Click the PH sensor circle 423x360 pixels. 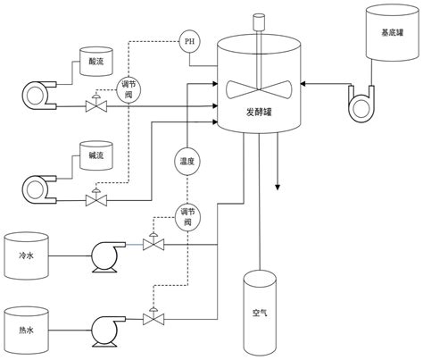coord(188,42)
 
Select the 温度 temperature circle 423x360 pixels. coord(187,162)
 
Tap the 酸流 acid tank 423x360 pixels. coord(96,59)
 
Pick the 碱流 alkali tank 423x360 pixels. coord(96,153)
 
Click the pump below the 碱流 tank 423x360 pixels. coord(38,190)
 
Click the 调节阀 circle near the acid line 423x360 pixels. coord(129,88)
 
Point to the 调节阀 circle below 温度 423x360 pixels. coord(187,216)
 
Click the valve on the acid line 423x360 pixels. coord(92,106)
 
